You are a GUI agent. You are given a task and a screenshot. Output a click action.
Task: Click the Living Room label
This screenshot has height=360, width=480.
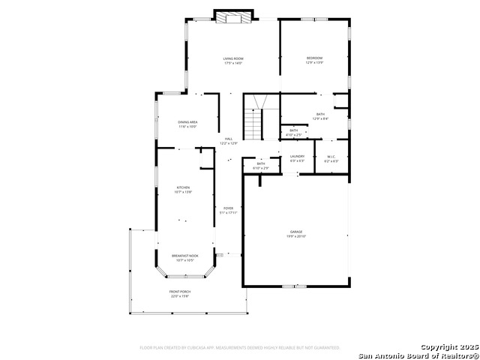point(233,58)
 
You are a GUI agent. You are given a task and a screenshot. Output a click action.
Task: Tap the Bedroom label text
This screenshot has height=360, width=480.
point(314,58)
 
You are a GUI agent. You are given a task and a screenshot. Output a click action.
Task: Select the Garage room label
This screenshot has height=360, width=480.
point(296,232)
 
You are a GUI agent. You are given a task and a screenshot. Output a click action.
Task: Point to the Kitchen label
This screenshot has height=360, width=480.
point(183,187)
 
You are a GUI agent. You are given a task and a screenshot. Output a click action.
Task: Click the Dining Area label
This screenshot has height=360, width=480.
point(187,122)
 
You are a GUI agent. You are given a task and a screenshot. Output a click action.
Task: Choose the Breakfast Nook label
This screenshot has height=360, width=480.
point(184,256)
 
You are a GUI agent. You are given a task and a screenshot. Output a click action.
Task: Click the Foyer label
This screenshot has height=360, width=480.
point(228,208)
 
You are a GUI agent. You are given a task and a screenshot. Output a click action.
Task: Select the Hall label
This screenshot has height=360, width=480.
point(228,138)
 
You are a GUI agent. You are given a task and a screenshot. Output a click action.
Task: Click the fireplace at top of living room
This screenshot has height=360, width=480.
point(233,17)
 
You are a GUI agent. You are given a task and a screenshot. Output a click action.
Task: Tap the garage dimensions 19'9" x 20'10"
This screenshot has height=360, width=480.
point(296,237)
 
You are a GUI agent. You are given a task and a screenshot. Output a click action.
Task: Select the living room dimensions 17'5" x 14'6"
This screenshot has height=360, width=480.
point(233,63)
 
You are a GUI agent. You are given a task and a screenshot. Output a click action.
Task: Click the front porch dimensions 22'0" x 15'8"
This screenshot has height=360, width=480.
point(179,295)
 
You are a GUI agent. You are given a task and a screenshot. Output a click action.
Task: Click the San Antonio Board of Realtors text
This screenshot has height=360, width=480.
point(418,355)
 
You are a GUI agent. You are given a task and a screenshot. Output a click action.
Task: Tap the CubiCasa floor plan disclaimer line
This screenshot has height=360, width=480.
point(239,347)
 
